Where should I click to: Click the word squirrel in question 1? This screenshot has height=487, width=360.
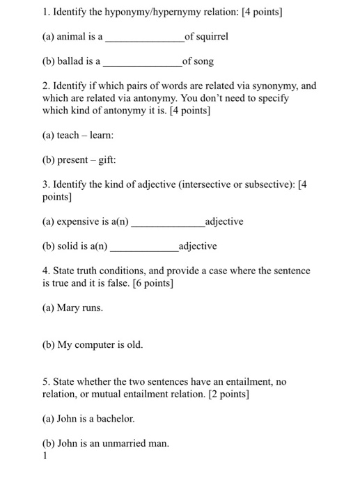[213, 36]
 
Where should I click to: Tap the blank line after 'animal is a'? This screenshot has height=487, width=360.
[144, 40]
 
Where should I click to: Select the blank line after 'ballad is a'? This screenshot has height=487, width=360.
[141, 65]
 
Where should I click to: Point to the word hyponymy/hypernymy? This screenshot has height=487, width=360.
[142, 11]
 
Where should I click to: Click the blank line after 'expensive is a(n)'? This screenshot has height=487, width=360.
[167, 225]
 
